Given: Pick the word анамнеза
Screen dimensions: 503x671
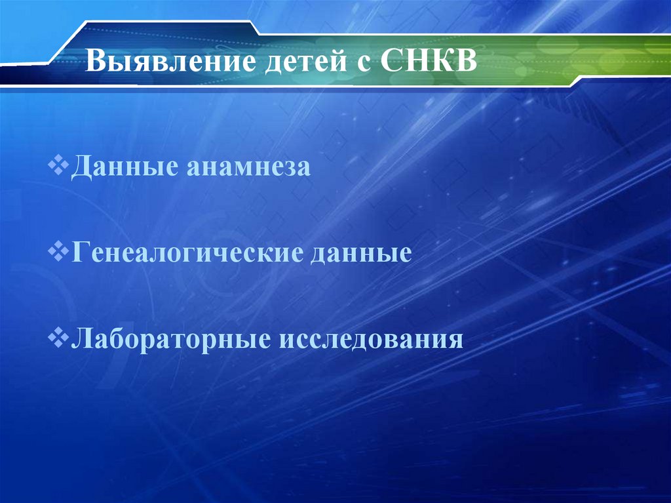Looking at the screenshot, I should coord(248,167).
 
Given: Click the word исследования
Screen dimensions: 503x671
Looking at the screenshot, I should coord(367,340).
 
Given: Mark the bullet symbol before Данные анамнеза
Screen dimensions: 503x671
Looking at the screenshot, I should coord(60,165).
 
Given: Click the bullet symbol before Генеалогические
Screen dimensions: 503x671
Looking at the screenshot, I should coord(60,251).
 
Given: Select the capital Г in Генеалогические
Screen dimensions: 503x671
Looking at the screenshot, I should coord(79,252).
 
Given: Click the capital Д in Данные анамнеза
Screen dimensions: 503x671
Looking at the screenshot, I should coord(81,167).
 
